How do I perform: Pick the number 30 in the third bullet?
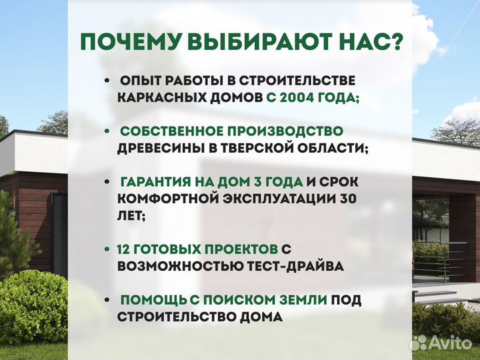click(347, 198)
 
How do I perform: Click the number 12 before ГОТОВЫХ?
click(125, 249)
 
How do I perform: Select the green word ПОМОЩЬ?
click(148, 300)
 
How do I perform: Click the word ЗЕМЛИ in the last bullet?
click(301, 300)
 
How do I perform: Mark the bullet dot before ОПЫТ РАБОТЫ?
click(107, 81)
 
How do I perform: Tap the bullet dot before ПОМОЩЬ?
click(107, 300)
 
